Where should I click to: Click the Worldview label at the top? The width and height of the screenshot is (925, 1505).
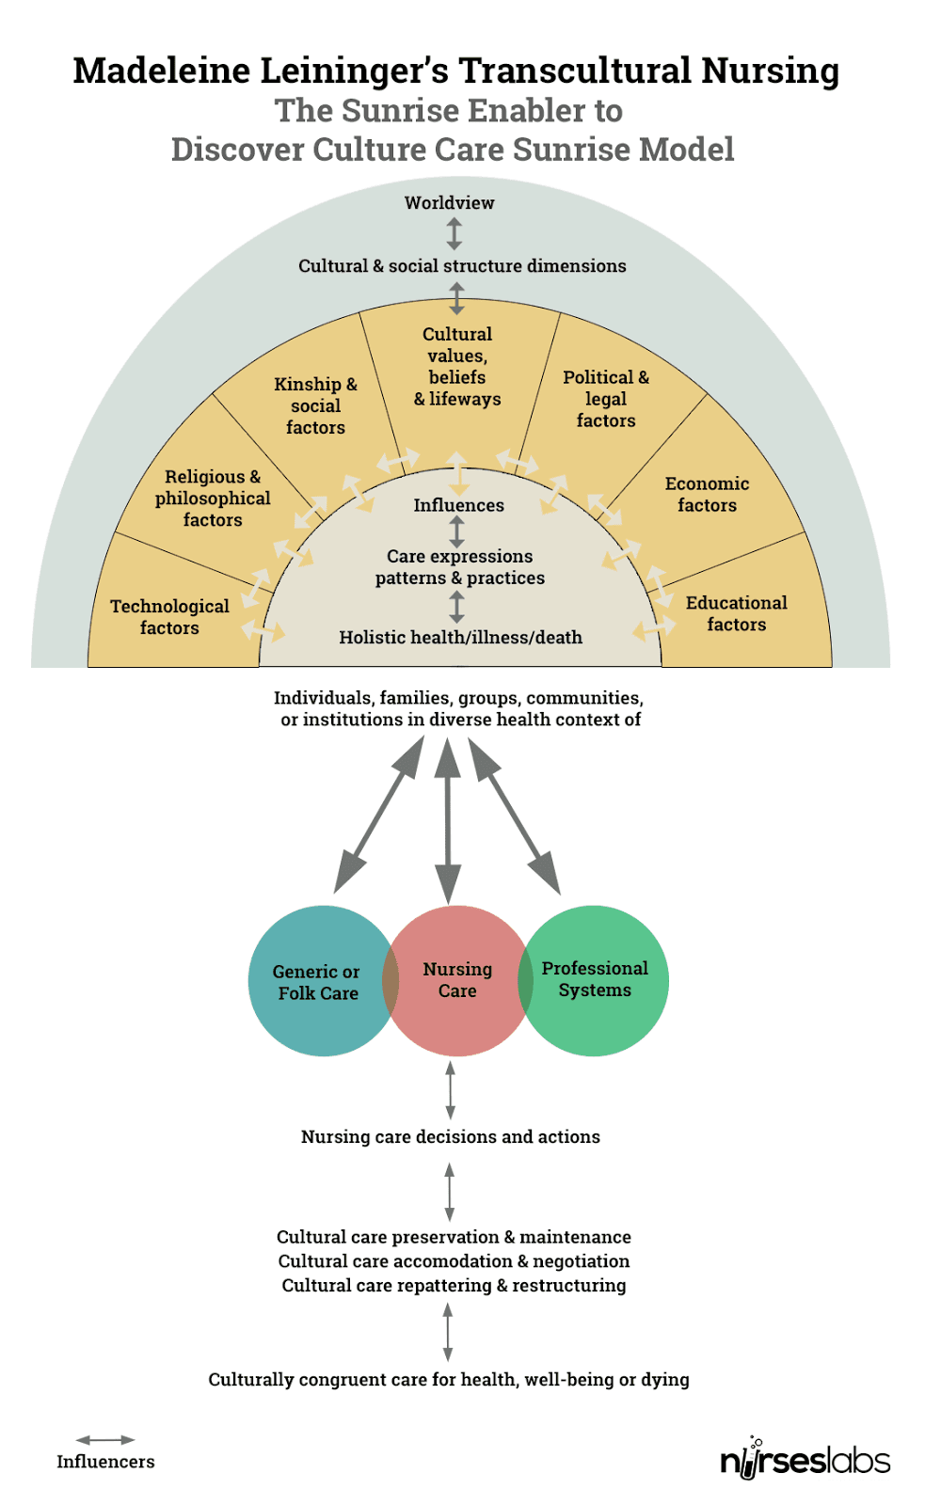tap(449, 203)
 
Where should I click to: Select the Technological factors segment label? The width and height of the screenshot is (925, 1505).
tap(169, 617)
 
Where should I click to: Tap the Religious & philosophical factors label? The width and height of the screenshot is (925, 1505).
tap(213, 499)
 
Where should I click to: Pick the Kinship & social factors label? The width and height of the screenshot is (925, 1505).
tap(315, 405)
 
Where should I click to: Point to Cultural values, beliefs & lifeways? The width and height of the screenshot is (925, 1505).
tap(457, 367)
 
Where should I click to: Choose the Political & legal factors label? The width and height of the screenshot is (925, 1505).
tap(606, 399)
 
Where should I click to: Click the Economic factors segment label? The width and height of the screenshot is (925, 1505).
tap(707, 495)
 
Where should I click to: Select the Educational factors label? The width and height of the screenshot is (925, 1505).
tap(736, 613)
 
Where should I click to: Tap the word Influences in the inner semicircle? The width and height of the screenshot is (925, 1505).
tap(458, 506)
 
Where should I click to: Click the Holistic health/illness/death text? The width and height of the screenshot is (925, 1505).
tap(460, 638)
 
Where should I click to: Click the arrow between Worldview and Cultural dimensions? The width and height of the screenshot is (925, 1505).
tap(455, 233)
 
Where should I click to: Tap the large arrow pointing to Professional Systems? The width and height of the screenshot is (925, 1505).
tap(515, 816)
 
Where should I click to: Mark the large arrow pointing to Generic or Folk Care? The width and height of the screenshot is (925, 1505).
tap(378, 816)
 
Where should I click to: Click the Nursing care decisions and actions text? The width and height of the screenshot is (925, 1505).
tap(450, 1137)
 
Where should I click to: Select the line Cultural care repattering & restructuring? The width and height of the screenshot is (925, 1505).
tap(454, 1286)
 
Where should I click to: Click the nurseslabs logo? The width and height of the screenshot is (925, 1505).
tap(805, 1459)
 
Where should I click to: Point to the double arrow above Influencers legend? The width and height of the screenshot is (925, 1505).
tap(105, 1440)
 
